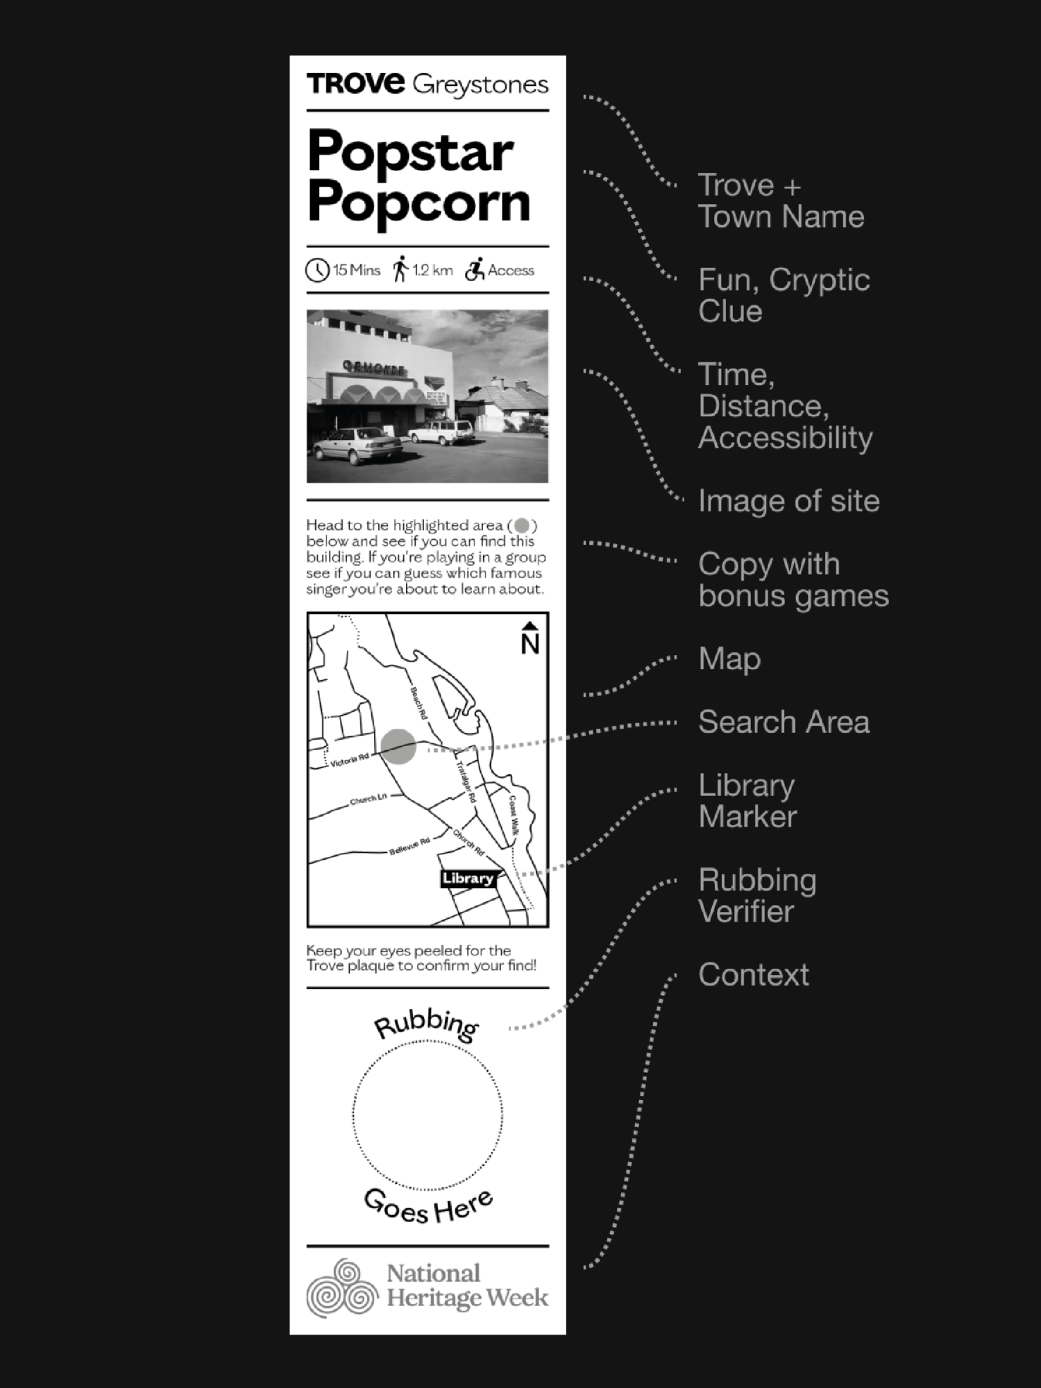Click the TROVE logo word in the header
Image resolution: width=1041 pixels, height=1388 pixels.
pos(355,84)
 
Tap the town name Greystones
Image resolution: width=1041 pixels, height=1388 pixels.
pos(480,85)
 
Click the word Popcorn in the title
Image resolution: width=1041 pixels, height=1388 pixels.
pos(418,203)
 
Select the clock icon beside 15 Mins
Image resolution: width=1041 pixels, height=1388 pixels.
pos(317,270)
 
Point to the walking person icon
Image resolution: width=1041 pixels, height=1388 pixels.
pos(400,269)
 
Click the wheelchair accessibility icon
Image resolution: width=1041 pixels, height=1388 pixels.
pos(475,269)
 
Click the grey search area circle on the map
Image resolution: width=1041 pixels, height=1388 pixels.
pos(398,747)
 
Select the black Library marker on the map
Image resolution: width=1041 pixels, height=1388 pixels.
pos(468,878)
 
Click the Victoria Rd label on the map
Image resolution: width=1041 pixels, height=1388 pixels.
pos(349,761)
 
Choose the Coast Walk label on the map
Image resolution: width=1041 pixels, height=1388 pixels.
pos(514,815)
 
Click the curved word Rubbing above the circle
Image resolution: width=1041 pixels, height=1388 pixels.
pos(426,1025)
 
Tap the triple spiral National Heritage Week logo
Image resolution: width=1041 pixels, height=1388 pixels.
pos(341,1288)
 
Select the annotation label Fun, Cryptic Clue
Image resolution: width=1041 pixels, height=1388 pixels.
pos(783,295)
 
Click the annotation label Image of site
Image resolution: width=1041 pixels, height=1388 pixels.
pos(788,500)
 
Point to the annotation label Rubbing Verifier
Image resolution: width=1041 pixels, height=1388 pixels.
pos(756,895)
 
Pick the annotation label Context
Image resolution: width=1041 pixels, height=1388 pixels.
pos(753,974)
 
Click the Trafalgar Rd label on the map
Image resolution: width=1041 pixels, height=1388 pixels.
pos(466,782)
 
